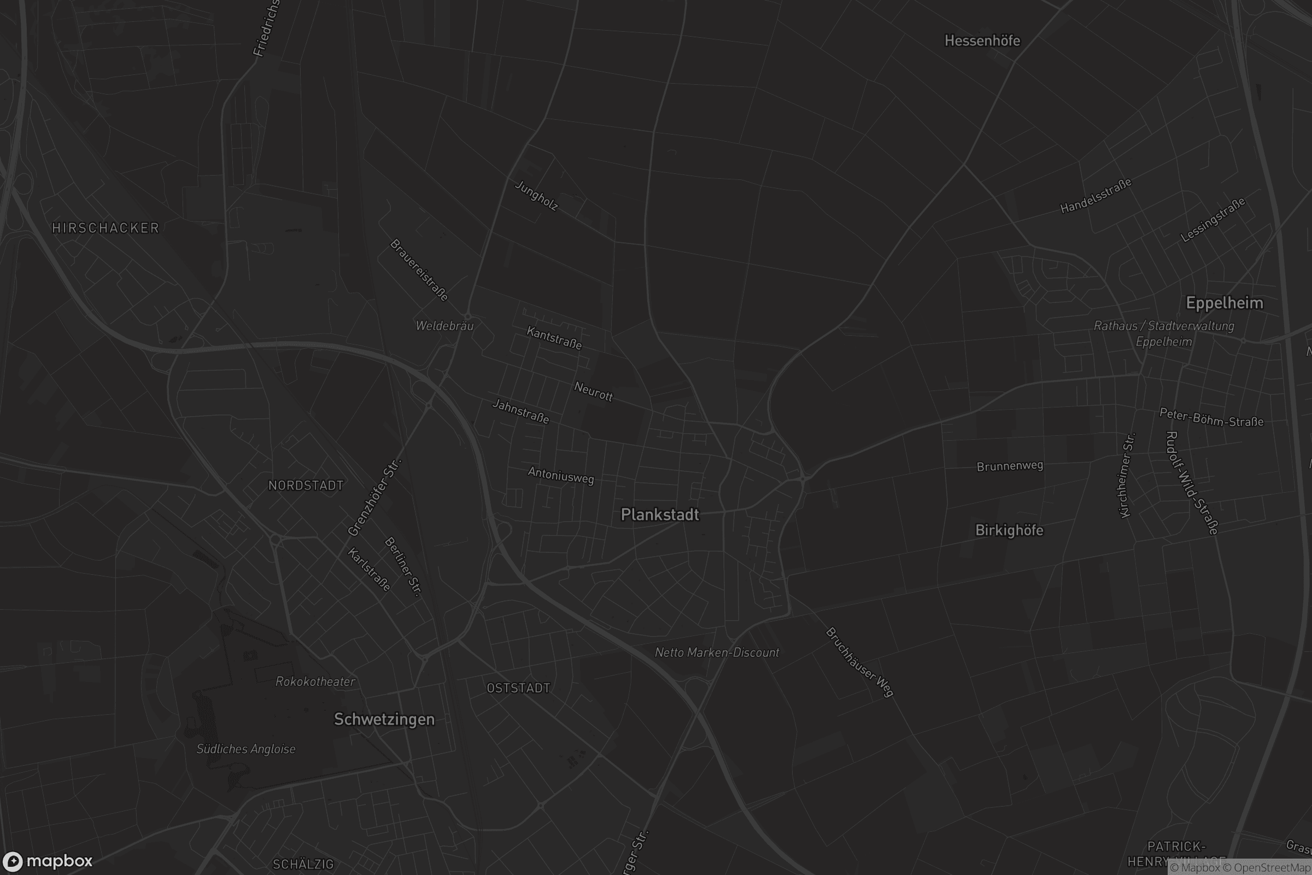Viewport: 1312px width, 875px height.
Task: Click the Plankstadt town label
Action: [659, 515]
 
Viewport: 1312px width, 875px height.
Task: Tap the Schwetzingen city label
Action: [384, 719]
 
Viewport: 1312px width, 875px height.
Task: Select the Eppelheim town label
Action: [1224, 303]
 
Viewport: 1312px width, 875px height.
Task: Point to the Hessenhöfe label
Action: [982, 40]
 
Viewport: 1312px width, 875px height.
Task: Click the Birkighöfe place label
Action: [1009, 530]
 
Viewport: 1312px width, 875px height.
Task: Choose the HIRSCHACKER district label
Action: [106, 227]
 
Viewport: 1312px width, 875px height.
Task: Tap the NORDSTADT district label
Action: [306, 486]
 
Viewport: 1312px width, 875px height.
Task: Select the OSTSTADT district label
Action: [518, 688]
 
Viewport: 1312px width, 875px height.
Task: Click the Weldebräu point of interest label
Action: [444, 326]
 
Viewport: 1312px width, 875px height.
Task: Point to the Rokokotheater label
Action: [315, 681]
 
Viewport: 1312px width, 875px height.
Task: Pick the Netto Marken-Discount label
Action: [717, 652]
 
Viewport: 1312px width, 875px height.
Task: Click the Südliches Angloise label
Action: [246, 749]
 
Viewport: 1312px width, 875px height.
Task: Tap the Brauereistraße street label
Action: [419, 270]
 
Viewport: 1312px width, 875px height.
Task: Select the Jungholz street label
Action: [536, 196]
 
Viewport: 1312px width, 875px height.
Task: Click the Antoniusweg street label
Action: [561, 475]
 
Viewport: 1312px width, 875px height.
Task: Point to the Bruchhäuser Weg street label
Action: [859, 662]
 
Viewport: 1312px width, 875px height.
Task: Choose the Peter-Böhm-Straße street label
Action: [1211, 417]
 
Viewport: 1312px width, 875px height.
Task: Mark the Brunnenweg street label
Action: [1010, 466]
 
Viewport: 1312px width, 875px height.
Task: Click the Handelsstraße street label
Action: [1096, 196]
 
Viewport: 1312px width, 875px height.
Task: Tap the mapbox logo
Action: [47, 861]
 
